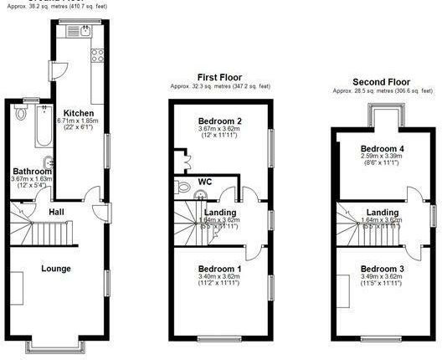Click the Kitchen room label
80,113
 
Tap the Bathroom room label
32,171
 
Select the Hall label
55,213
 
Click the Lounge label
56,269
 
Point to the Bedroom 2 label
219,120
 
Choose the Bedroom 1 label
219,269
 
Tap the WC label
204,182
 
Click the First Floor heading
220,75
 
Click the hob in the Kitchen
96,57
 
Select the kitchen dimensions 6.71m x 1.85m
80,121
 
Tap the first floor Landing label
219,213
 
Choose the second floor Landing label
382,213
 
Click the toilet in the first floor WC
198,194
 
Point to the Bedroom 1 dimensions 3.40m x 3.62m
219,277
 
